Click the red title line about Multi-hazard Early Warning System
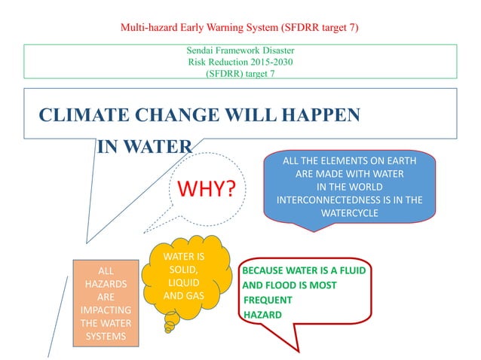click(240, 28)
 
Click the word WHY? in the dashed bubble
click(201, 188)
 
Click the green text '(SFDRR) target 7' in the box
click(240, 73)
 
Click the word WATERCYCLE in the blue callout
click(350, 213)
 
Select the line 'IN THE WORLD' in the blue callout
click(350, 187)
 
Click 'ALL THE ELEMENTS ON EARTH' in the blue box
click(350, 161)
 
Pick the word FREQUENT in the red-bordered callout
click(268, 300)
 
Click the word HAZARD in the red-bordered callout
click(263, 314)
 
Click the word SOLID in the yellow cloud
click(184, 269)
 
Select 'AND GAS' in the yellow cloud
click(184, 294)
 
